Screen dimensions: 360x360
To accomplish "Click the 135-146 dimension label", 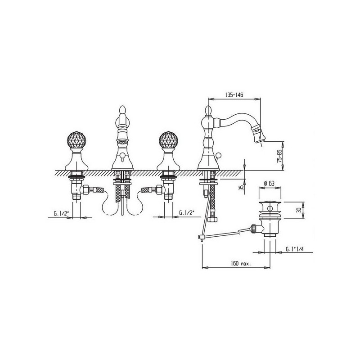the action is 234,95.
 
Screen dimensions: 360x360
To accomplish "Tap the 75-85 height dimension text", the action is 279,156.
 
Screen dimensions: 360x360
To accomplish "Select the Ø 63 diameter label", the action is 269,183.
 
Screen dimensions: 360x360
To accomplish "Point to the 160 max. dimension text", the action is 241,263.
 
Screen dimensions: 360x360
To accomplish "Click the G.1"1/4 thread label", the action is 295,249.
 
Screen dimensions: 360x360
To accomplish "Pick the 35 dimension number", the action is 241,188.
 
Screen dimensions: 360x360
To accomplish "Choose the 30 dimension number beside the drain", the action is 298,210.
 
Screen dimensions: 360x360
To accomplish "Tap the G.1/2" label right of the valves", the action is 186,212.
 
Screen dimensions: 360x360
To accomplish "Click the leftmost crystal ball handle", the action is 76,140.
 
